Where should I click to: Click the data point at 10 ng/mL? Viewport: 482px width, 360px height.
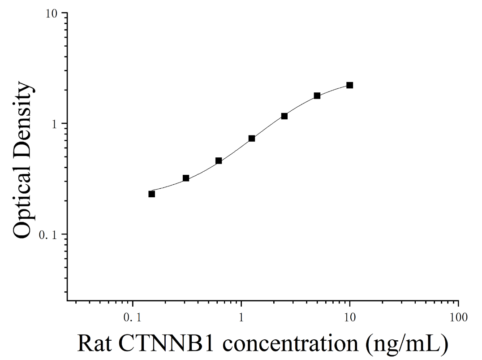[x=349, y=85]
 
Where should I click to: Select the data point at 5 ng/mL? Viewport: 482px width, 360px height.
[x=317, y=95]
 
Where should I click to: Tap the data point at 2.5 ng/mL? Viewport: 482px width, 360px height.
[x=284, y=116]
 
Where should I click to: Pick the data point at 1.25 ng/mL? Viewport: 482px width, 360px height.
[x=252, y=139]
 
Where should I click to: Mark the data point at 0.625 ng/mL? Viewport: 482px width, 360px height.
[x=219, y=160]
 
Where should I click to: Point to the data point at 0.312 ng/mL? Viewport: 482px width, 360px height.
[x=186, y=178]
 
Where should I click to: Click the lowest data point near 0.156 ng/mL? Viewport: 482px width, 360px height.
[x=151, y=194]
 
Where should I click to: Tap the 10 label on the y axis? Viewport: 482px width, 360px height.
[x=52, y=13]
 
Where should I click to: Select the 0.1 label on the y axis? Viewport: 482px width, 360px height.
[x=48, y=235]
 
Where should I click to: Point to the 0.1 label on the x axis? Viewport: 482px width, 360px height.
[x=133, y=317]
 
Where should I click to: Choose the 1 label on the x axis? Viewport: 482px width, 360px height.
[x=241, y=317]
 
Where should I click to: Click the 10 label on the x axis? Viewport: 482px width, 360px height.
[x=350, y=317]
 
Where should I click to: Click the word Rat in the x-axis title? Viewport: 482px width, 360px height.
[x=94, y=343]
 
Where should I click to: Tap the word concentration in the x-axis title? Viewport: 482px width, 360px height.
[x=290, y=343]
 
